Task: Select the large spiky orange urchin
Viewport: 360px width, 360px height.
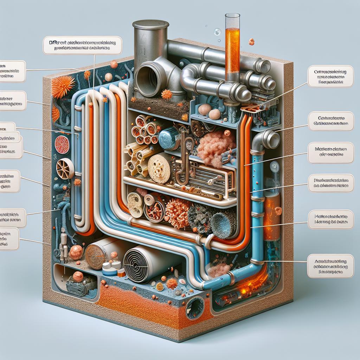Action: (63, 86)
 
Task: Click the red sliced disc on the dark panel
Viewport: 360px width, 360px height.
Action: (63, 144)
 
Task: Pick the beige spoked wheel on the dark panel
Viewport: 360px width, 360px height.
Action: (65, 168)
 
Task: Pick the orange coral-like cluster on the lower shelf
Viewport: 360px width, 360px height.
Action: (177, 213)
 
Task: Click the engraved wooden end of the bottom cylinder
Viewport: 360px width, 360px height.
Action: (96, 255)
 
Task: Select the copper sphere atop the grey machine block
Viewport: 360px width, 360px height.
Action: (78, 276)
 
